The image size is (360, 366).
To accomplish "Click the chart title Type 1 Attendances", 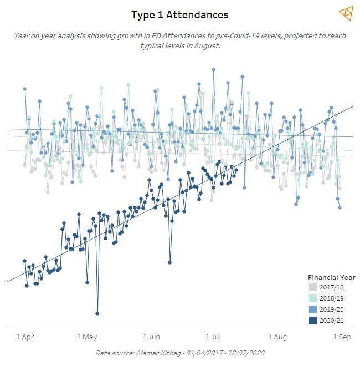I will click(179, 15).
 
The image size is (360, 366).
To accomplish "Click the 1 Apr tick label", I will click(24, 337).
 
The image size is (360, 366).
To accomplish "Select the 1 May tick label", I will click(87, 337).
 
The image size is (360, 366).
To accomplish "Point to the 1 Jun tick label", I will click(151, 337).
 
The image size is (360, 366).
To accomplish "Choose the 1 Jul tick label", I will click(214, 337).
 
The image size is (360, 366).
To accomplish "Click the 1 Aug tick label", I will click(277, 337).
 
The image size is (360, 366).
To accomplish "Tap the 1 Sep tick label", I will click(342, 337).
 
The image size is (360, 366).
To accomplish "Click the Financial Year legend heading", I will click(331, 277).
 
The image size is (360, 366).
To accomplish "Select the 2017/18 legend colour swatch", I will click(313, 287).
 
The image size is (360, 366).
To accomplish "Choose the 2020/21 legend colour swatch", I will click(313, 321).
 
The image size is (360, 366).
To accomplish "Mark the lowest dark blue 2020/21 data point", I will click(97, 313).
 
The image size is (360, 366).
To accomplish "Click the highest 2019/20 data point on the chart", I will click(213, 70).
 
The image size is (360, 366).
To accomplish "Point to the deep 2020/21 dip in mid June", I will click(169, 262).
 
